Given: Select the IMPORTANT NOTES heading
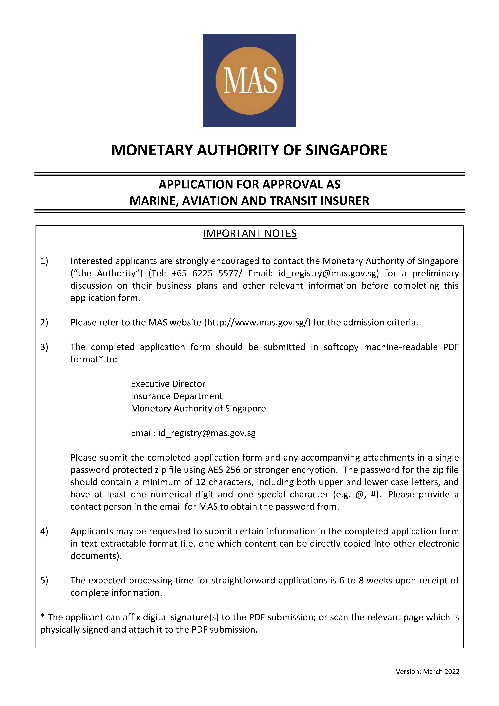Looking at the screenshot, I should (x=249, y=234).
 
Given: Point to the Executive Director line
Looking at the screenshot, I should (x=168, y=384).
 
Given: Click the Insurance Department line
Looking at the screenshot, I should (x=176, y=396).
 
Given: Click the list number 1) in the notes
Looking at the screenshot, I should (x=44, y=261).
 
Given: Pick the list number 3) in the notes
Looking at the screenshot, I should (x=44, y=347).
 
